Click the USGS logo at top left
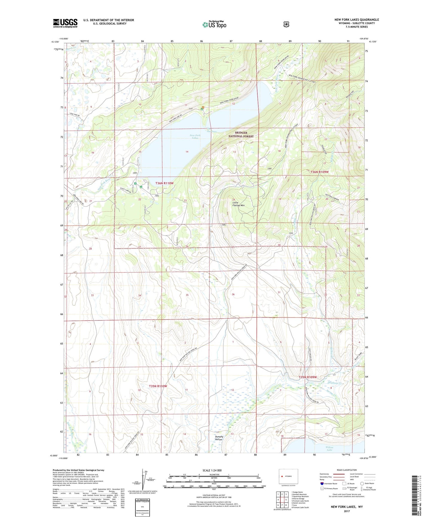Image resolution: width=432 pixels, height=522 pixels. point(65,23)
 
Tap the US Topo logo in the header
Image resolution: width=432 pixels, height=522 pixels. point(214,25)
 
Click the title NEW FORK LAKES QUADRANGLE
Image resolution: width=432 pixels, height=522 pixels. point(356,20)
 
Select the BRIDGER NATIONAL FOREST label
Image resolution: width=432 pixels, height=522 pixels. point(241,134)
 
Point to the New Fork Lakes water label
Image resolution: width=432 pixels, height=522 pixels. point(195,137)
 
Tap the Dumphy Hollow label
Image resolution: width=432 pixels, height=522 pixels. point(219,438)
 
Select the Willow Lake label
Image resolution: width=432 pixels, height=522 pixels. point(329,448)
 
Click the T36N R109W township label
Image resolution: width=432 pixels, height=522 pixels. point(319,172)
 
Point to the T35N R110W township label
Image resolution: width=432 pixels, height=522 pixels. point(158,386)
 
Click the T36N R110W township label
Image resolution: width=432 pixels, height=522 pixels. point(164,183)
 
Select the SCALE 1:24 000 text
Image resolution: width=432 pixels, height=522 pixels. point(212,470)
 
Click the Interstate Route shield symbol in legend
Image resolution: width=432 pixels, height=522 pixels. point(322,483)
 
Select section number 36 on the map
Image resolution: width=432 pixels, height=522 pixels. point(233,294)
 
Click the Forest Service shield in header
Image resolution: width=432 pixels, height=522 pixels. point(286,24)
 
